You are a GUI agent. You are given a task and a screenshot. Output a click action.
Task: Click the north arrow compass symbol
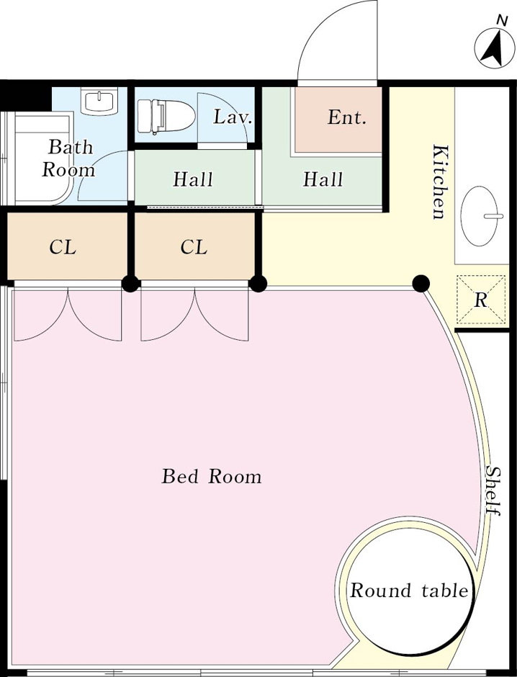click(495, 47)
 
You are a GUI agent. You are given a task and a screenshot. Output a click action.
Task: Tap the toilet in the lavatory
click(166, 116)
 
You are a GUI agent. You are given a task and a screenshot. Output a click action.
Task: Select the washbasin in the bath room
click(99, 101)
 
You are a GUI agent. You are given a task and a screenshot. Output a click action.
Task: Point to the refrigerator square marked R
click(481, 299)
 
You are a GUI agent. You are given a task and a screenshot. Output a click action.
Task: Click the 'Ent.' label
click(347, 117)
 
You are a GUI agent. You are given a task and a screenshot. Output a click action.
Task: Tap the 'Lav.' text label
click(232, 117)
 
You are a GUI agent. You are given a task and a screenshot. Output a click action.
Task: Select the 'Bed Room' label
click(212, 476)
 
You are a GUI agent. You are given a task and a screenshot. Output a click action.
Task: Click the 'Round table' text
click(409, 591)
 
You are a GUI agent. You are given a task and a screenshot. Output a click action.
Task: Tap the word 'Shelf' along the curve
click(493, 490)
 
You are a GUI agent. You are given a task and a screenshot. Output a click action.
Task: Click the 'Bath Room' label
click(68, 158)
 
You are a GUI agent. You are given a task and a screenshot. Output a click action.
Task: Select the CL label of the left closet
click(63, 247)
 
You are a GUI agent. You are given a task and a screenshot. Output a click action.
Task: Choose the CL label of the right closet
click(194, 247)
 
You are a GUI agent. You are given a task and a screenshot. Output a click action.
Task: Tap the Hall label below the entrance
click(323, 179)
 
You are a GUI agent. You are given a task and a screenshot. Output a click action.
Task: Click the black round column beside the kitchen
click(421, 284)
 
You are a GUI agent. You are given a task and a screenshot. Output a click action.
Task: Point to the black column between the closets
click(130, 284)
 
